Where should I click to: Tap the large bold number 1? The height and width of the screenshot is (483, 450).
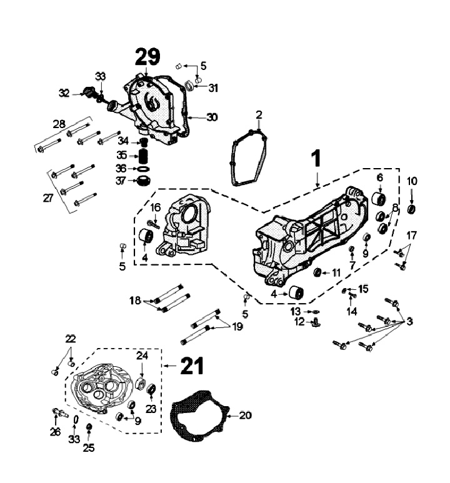pos(317,158)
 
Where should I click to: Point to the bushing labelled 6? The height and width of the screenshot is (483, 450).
pos(379,200)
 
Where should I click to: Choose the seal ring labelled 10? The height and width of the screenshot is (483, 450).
pos(412,208)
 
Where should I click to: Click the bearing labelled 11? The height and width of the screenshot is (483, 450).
pos(317,272)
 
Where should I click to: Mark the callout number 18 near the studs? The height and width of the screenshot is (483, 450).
pos(134,301)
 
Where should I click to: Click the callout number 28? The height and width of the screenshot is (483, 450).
pos(59,126)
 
